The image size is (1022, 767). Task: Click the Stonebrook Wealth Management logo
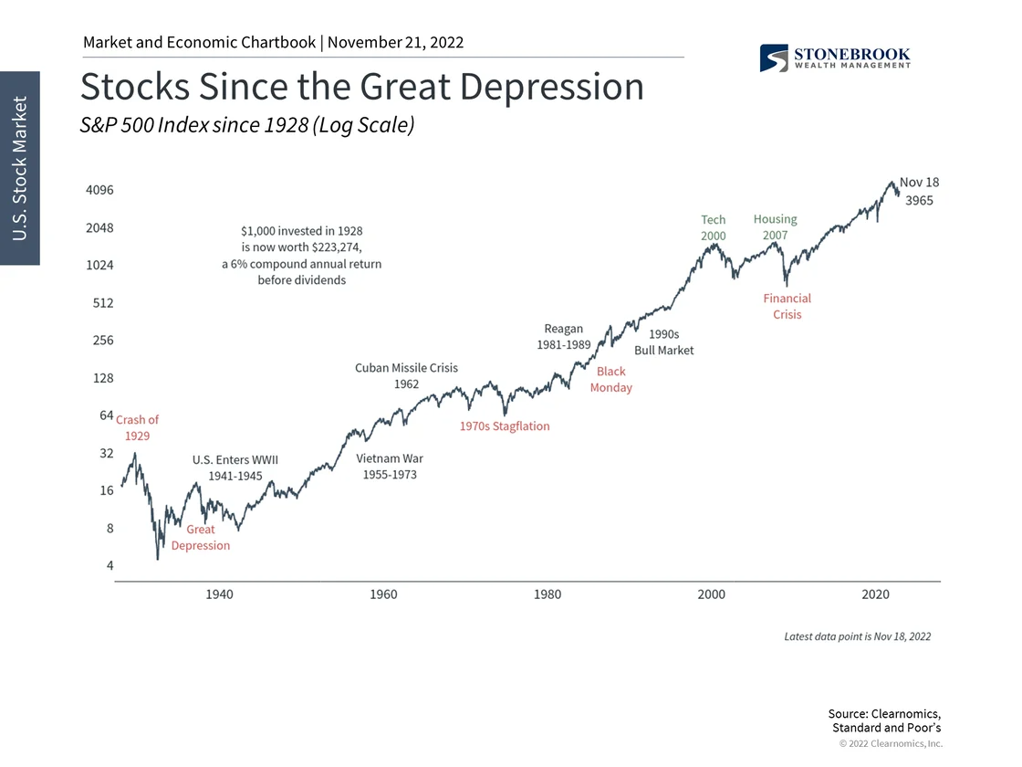(x=834, y=58)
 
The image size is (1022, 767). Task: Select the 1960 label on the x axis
(x=383, y=594)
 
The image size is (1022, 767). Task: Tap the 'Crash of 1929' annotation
(x=137, y=427)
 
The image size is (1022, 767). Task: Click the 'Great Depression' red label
(x=201, y=538)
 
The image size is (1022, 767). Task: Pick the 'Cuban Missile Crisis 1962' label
(x=406, y=376)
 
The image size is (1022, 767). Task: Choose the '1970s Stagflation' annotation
(x=505, y=426)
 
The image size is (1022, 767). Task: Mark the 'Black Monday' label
(x=611, y=380)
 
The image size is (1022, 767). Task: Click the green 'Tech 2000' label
(x=714, y=227)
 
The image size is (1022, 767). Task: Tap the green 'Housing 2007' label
(x=776, y=226)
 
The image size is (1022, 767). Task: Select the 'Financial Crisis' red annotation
(x=787, y=306)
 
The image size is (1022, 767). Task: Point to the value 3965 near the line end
(x=919, y=201)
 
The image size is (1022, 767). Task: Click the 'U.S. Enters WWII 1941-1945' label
(x=235, y=468)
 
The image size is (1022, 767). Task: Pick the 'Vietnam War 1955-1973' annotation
(x=390, y=467)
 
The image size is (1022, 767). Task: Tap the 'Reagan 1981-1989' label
(x=564, y=337)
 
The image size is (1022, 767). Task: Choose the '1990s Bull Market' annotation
(x=664, y=342)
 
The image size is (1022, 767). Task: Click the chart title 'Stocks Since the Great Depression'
(x=362, y=87)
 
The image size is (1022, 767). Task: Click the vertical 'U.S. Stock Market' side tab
(x=20, y=168)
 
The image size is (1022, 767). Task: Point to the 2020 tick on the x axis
(x=876, y=594)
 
